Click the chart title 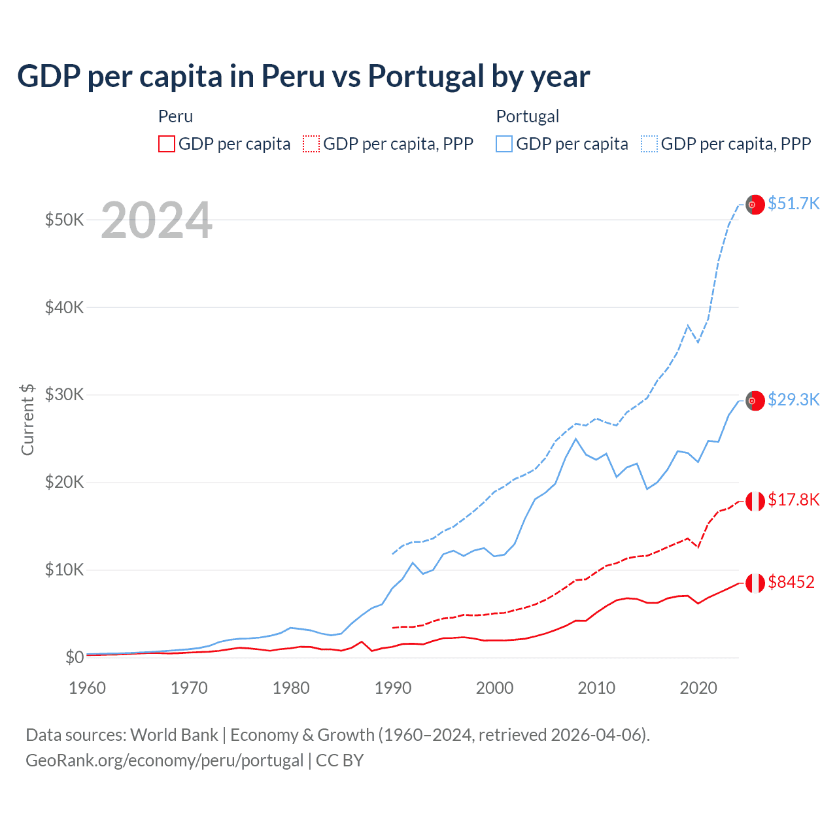[303, 77]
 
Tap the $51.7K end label [793, 203]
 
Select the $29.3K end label [793, 400]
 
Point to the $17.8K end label [793, 500]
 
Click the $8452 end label [791, 582]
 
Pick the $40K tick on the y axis [64, 307]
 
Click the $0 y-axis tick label [75, 657]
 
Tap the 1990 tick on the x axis [393, 688]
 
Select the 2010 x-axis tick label [596, 688]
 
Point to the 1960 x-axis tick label [87, 688]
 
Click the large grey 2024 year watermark [156, 220]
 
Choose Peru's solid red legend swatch [167, 144]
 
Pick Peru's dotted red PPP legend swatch [311, 144]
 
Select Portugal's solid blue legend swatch [504, 144]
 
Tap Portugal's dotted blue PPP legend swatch [649, 144]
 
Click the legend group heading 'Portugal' [527, 116]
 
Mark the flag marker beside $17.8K [755, 501]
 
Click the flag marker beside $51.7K [755, 205]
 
